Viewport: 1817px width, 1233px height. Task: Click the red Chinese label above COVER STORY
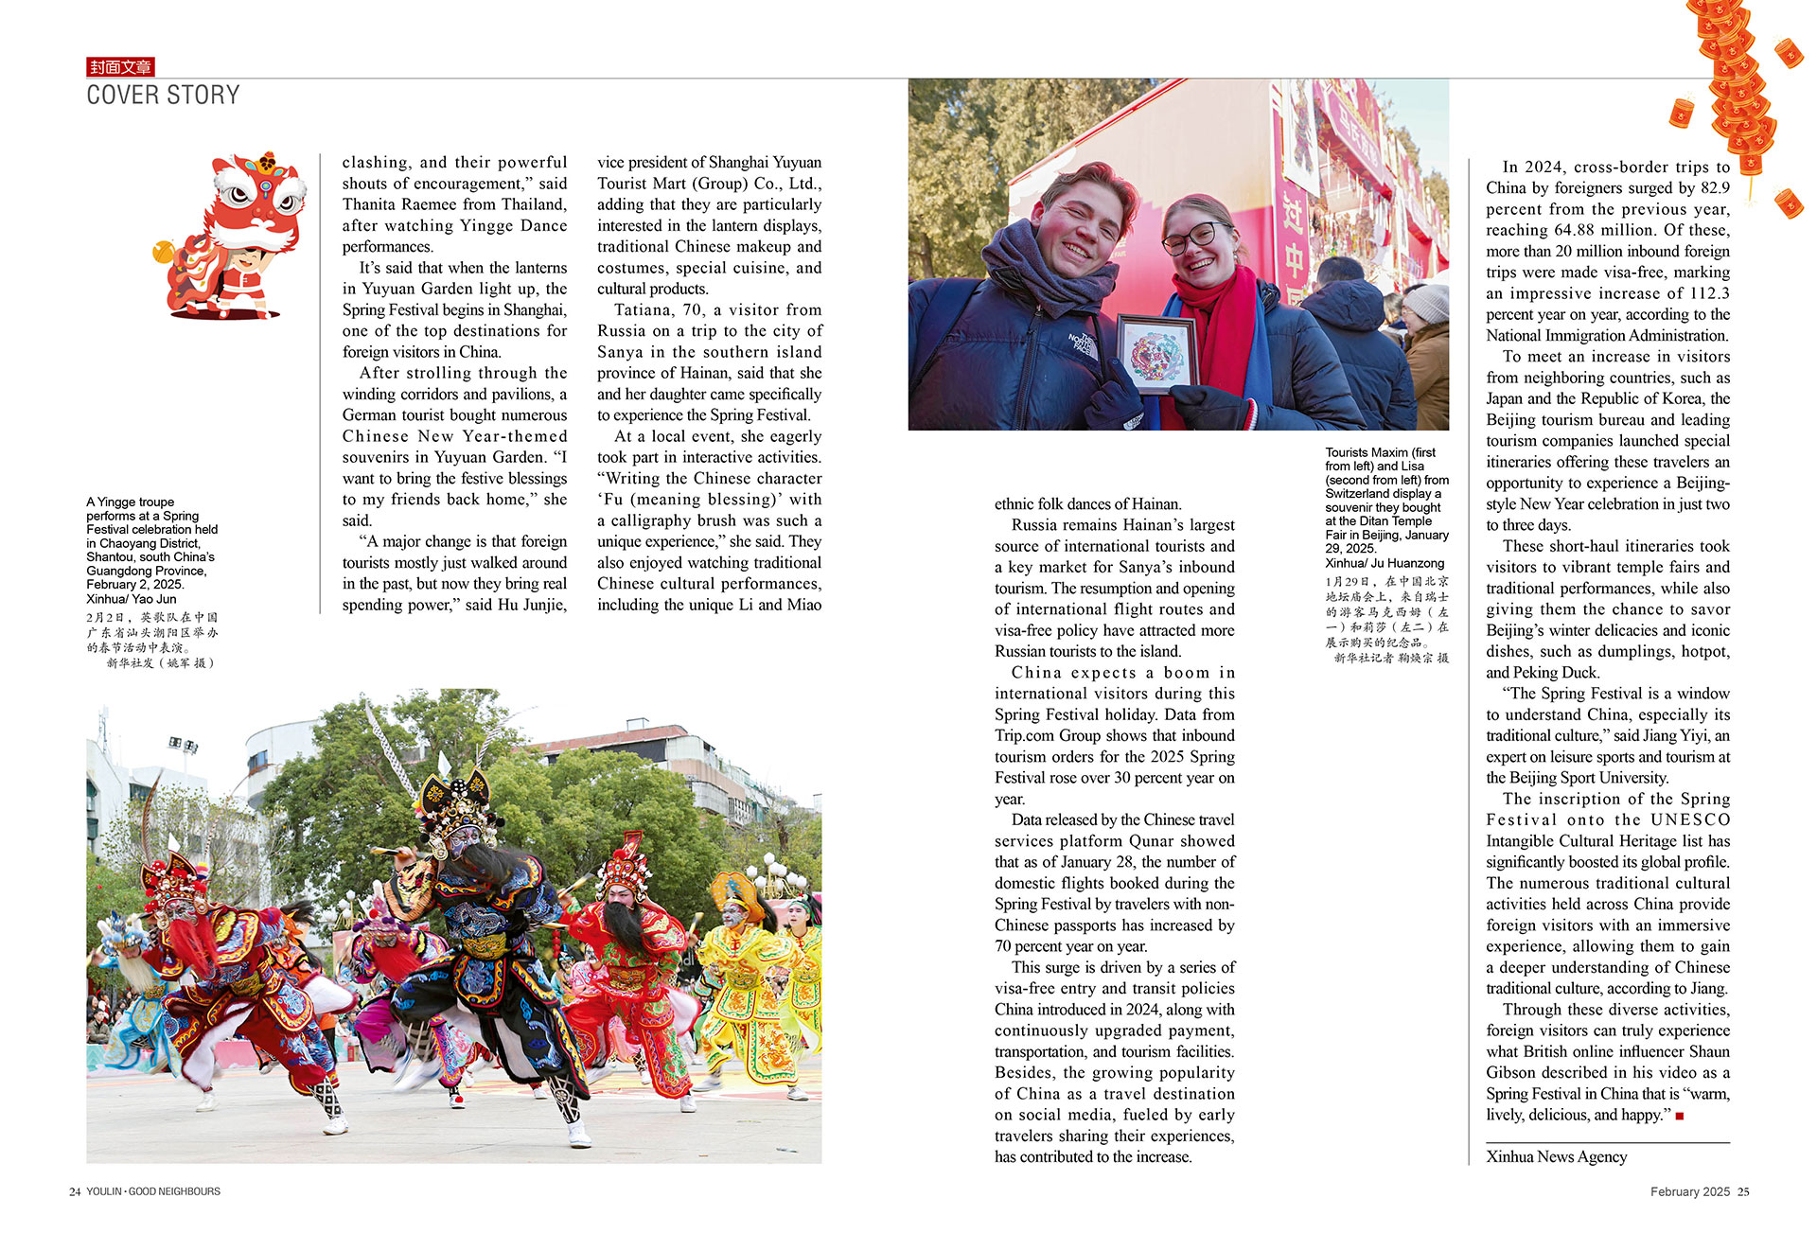[120, 67]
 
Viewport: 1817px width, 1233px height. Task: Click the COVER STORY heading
[163, 96]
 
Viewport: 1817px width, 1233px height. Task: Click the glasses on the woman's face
[1190, 238]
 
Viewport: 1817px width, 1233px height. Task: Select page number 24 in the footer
[74, 1192]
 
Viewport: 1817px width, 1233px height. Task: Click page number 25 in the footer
[1743, 1192]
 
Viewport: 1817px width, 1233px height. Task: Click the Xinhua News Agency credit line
[1556, 1156]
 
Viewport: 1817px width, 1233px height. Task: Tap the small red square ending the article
[1680, 1117]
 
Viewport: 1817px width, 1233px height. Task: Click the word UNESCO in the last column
[1690, 819]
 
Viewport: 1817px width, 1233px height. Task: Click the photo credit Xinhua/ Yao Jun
[132, 599]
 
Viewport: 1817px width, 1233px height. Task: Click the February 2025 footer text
[1689, 1192]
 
